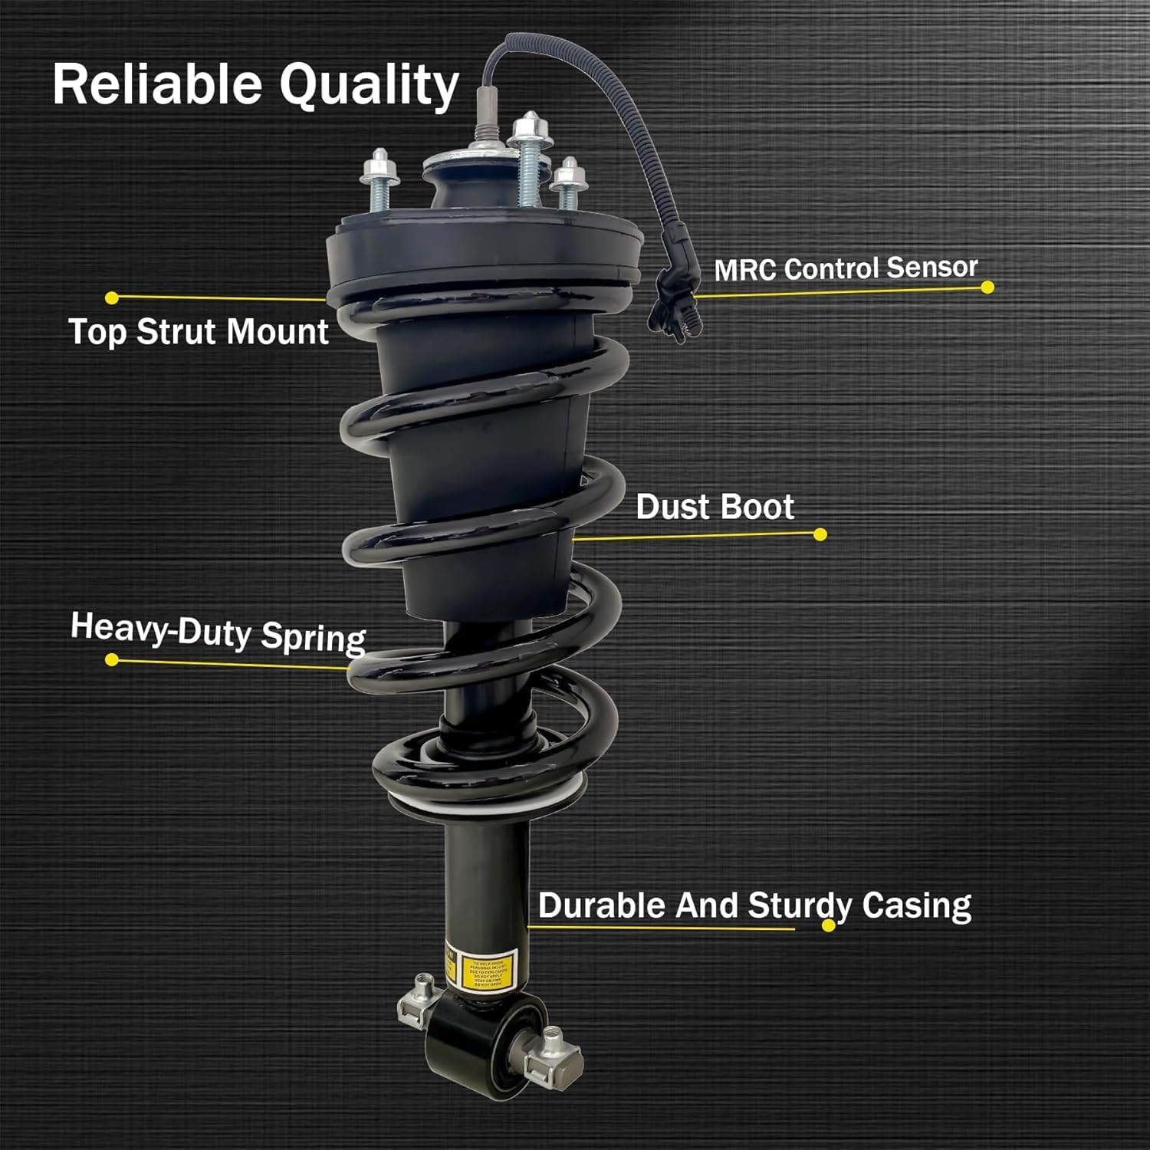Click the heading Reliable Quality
click(x=255, y=84)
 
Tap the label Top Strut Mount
click(x=199, y=332)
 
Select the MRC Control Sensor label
click(x=846, y=268)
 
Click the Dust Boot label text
click(x=715, y=507)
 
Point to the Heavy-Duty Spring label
click(x=219, y=632)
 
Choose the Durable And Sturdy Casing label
click(x=754, y=905)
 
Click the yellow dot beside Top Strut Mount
click(x=112, y=297)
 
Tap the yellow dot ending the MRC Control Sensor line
click(x=987, y=287)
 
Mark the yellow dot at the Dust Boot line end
click(x=820, y=534)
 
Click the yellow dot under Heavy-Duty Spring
click(x=112, y=659)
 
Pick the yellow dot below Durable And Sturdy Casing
click(x=828, y=925)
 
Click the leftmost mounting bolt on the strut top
click(x=379, y=180)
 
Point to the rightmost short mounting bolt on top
click(x=568, y=184)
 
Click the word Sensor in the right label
click(x=932, y=267)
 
